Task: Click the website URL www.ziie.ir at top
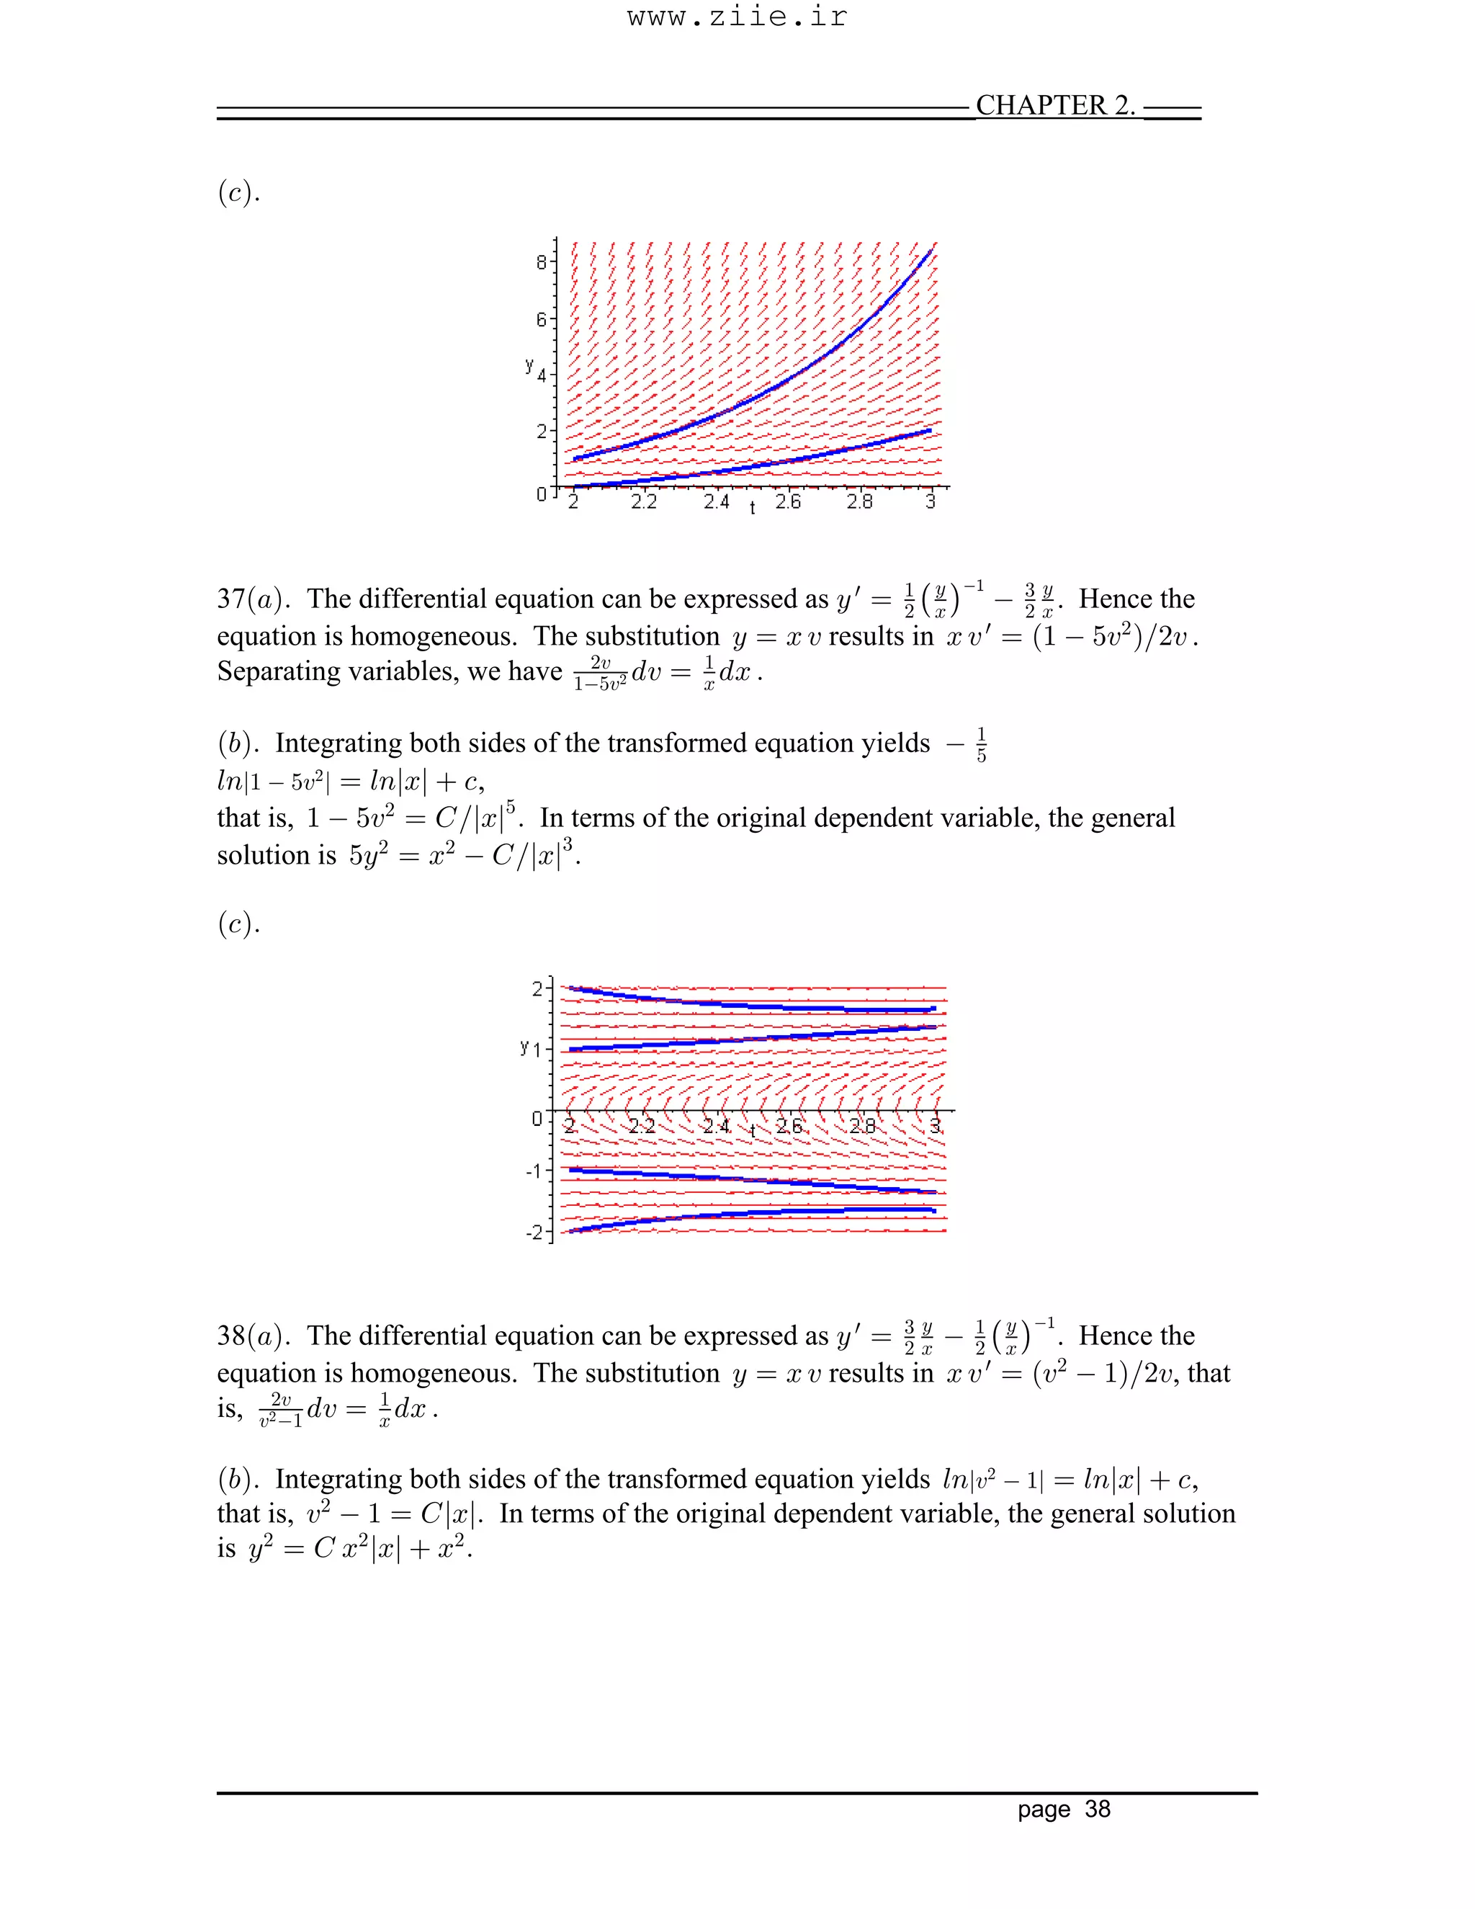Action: [737, 17]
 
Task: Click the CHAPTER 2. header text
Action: [1054, 105]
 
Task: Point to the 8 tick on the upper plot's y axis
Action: [542, 261]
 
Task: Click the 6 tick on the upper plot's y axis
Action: [542, 319]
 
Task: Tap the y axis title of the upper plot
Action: [529, 365]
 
